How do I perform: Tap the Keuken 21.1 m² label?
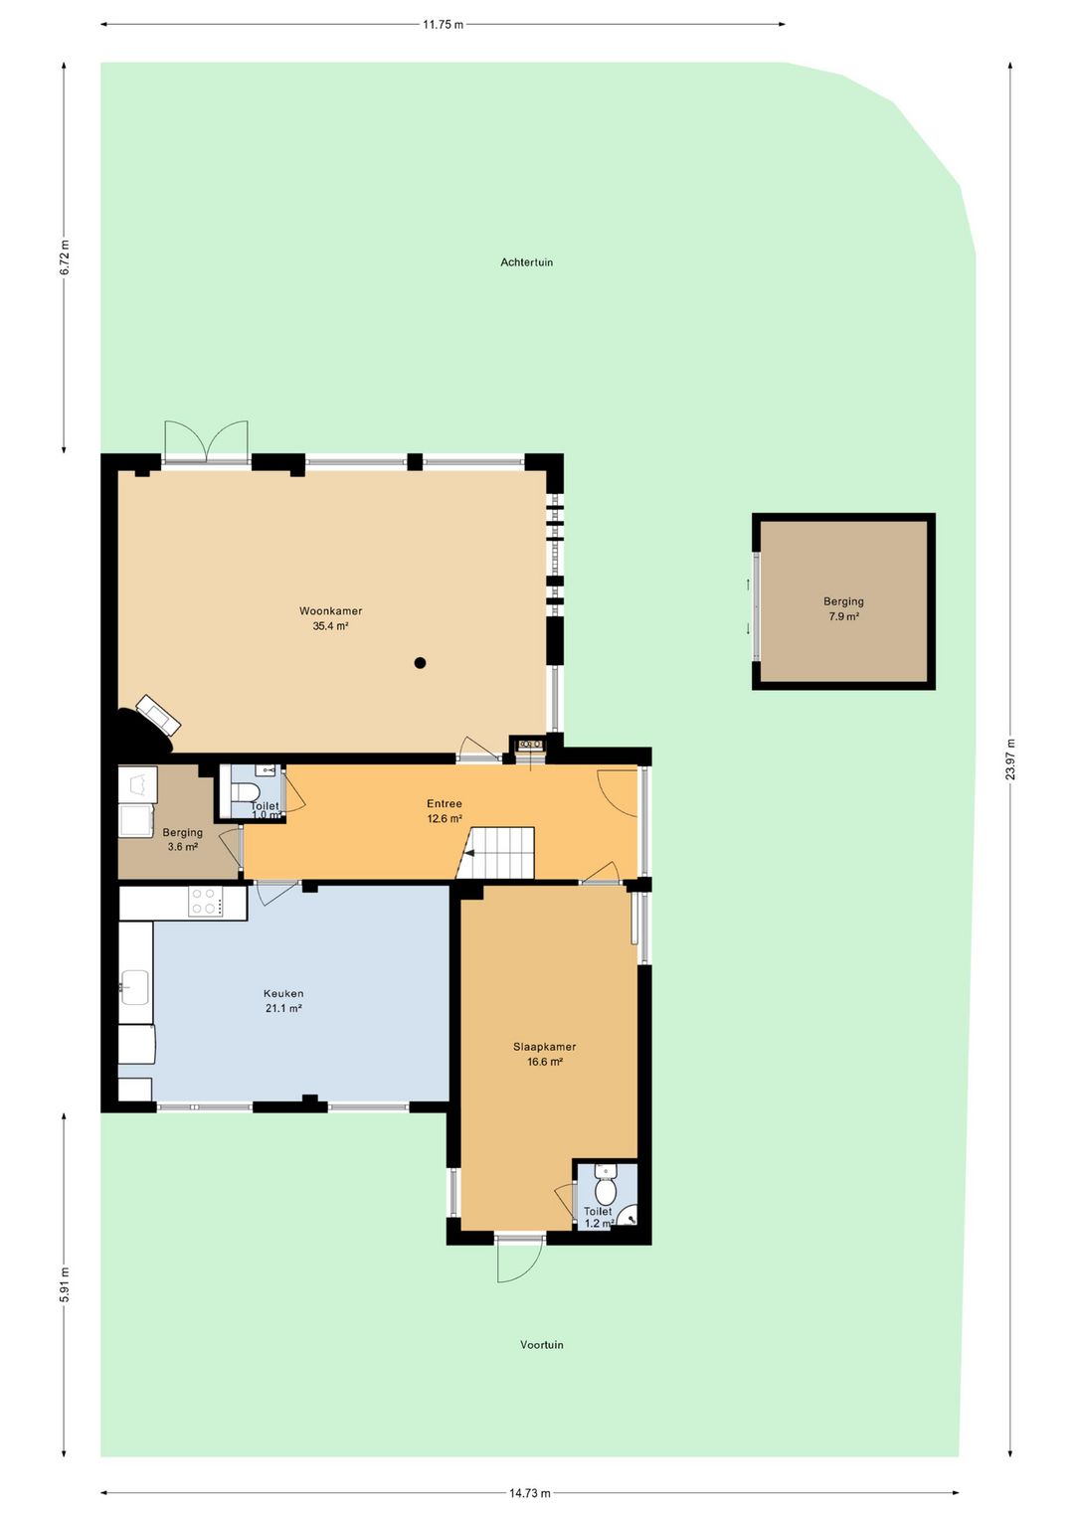(283, 1001)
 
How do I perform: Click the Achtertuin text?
(526, 262)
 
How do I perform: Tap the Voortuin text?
(542, 1344)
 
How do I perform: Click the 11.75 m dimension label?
(444, 25)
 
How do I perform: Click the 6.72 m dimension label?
(65, 258)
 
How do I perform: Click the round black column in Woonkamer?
(420, 663)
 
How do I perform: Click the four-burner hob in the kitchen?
(208, 902)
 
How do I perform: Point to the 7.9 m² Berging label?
(843, 608)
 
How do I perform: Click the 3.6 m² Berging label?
(182, 839)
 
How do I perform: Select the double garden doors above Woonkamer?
(206, 440)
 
